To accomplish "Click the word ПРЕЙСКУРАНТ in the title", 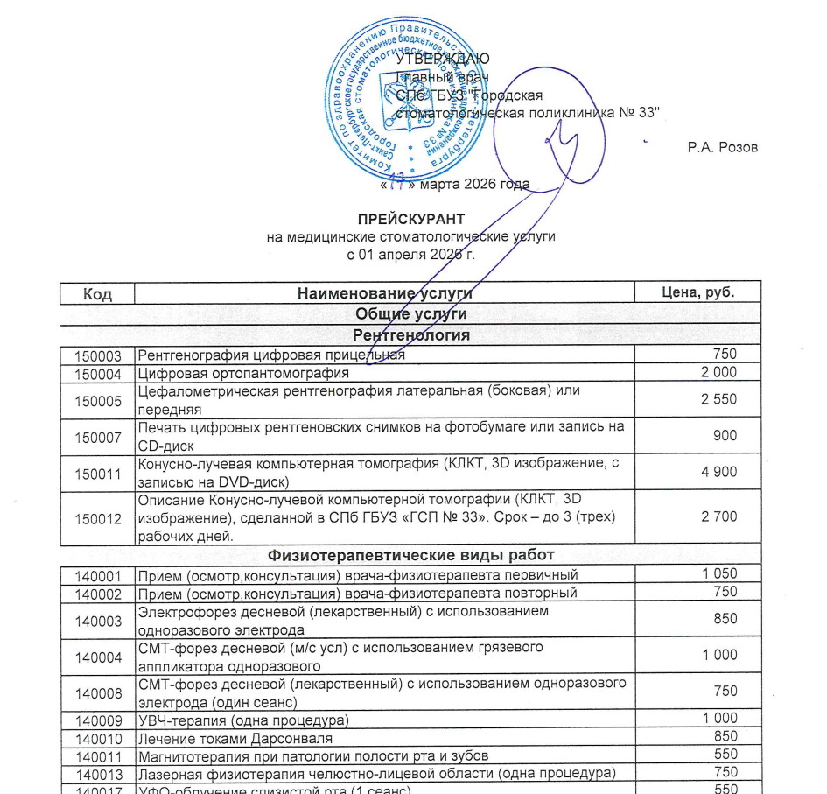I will tap(410, 218).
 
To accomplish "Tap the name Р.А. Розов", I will tap(722, 147).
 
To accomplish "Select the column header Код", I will tap(97, 293).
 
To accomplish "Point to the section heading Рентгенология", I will tap(410, 335).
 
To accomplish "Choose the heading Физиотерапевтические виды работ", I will tap(410, 554).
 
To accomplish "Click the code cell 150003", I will tap(97, 355).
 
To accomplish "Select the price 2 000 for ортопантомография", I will tap(718, 372).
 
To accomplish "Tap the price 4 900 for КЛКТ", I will tap(718, 472).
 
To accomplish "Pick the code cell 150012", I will tap(97, 518).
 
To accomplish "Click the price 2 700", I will tap(718, 516).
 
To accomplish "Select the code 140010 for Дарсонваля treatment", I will tap(97, 737).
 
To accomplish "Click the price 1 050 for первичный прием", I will tap(718, 574).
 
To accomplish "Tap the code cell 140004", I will tap(97, 656).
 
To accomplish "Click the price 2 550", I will tap(718, 399).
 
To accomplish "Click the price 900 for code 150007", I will tap(724, 435).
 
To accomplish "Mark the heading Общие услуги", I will tap(410, 313).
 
